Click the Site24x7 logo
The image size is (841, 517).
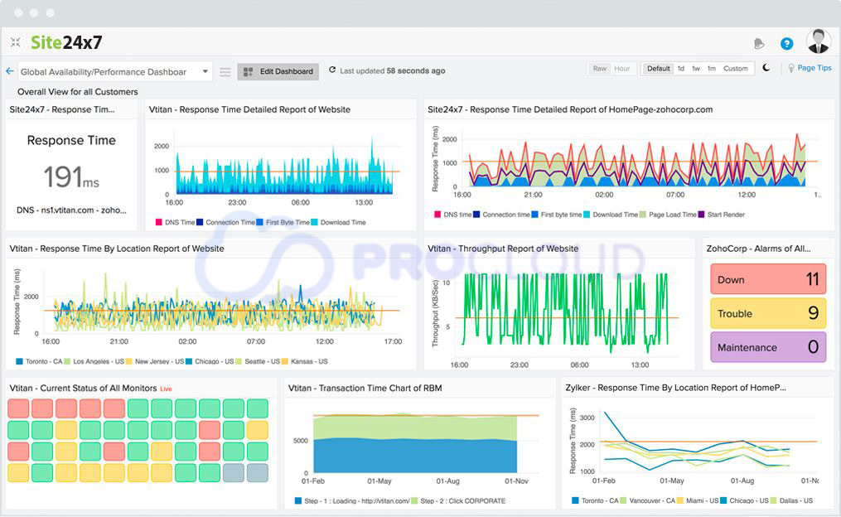click(66, 42)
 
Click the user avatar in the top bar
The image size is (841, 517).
click(818, 42)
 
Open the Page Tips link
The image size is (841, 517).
click(814, 69)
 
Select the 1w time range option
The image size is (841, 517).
click(696, 69)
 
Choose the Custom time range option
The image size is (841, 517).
click(735, 69)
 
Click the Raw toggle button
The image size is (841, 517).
click(599, 69)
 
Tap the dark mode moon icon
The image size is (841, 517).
click(766, 69)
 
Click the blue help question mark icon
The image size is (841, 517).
click(786, 44)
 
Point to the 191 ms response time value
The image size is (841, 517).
click(71, 176)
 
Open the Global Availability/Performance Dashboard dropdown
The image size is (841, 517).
click(114, 72)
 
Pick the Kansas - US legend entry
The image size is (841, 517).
click(307, 362)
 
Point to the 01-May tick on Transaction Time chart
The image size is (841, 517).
click(379, 481)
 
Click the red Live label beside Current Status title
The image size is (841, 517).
click(166, 389)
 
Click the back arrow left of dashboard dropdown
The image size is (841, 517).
click(10, 72)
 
